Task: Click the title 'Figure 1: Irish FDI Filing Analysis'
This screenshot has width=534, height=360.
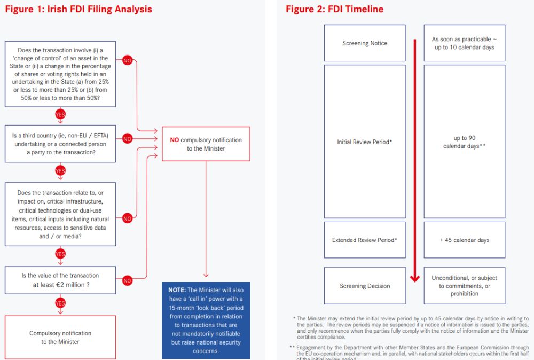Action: (78, 9)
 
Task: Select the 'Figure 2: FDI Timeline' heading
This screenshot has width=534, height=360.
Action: (334, 9)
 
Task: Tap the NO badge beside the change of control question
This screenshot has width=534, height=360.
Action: (127, 60)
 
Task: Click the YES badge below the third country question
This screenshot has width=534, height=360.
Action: (60, 171)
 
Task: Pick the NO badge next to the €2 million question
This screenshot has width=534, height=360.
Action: (127, 280)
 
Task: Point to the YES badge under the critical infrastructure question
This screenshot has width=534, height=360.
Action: (60, 254)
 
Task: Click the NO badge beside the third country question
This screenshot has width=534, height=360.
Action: (127, 139)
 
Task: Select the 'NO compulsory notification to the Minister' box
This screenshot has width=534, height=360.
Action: (206, 144)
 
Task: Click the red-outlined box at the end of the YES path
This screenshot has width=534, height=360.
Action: (60, 337)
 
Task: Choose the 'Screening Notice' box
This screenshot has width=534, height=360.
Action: (365, 43)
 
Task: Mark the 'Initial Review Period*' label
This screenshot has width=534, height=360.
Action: (365, 142)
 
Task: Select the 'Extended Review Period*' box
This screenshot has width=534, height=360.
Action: (365, 240)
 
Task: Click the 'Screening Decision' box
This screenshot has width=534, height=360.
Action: (365, 286)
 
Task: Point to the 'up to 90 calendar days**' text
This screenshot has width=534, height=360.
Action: (464, 142)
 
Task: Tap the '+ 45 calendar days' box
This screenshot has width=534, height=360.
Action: (464, 240)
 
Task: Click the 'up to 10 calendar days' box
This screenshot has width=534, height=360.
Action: (464, 43)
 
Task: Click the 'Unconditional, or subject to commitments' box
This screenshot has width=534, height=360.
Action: (464, 286)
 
